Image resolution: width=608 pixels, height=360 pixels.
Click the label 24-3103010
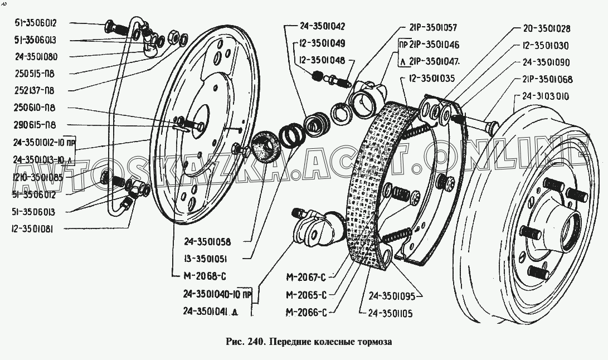[x=546, y=96]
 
